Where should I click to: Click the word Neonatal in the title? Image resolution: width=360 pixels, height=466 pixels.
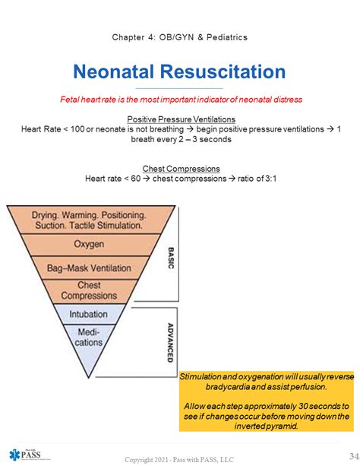pos(113,71)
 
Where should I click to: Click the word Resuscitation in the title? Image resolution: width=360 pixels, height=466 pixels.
pos(223,71)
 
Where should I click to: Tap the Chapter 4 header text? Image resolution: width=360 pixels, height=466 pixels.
pos(180,37)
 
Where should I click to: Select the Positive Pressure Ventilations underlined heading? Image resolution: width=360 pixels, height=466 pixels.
pos(182,119)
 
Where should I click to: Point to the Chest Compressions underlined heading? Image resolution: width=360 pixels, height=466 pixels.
pos(182,169)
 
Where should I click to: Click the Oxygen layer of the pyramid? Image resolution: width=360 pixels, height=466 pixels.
pos(89,245)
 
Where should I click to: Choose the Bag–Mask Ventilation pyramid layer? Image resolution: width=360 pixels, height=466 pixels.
pos(89,268)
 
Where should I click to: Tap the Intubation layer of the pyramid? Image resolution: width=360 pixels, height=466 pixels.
pos(89,314)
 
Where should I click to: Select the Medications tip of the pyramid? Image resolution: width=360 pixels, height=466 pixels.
pos(89,342)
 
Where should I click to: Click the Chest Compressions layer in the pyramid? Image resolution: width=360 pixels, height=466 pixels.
pos(89,290)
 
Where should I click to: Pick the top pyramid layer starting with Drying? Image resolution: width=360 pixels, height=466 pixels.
pos(89,220)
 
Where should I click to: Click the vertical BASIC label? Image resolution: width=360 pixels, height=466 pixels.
pos(171,258)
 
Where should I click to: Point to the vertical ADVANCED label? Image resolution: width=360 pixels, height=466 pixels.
pos(170,343)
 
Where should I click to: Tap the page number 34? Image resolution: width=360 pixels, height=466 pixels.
pos(354,456)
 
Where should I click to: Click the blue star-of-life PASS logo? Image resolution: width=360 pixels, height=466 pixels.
pos(25,455)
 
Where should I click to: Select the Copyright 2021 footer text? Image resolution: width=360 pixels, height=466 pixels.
pos(179,459)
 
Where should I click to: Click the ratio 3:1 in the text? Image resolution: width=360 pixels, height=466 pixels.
pos(270,179)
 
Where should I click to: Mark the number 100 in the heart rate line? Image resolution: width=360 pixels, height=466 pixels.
pos(77,129)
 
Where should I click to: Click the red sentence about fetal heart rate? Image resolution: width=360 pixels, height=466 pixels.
pos(182,100)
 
